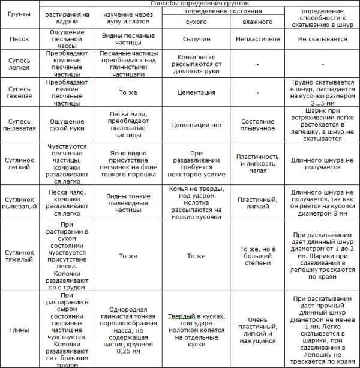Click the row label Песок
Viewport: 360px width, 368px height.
point(19,37)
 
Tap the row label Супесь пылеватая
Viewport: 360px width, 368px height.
point(19,124)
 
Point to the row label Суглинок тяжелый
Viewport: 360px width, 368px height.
point(19,256)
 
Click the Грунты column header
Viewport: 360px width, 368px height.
point(19,15)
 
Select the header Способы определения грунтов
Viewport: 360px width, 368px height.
point(199,4)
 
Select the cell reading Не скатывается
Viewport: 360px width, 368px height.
point(321,37)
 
